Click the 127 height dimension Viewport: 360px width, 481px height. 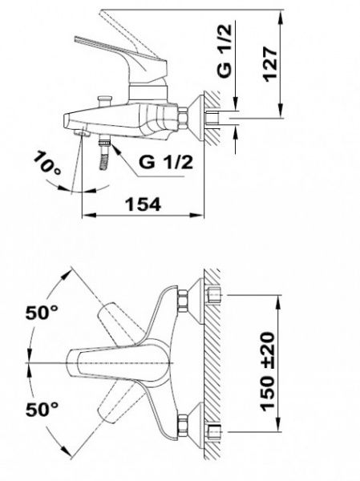270,64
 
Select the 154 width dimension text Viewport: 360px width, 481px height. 144,204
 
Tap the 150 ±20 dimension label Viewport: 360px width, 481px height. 267,371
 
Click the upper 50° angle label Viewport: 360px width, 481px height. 42,313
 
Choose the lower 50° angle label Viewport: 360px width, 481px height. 42,409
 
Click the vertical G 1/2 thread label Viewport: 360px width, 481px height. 224,51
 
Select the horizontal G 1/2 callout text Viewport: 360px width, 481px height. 166,162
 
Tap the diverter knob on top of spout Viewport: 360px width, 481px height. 104,101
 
